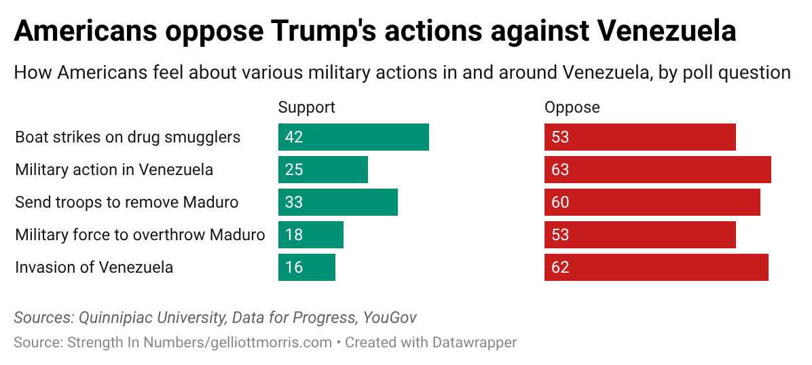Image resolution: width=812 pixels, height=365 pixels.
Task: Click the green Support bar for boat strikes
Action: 353,137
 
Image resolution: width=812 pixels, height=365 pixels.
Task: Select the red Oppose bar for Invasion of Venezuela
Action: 656,267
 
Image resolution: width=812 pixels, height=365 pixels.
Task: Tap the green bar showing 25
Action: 322,170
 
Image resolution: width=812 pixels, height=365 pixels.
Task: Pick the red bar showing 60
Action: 652,202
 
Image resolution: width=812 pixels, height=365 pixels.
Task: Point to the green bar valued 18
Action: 310,235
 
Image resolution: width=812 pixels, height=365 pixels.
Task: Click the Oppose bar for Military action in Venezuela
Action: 657,170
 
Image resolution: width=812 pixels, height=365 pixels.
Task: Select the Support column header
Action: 307,107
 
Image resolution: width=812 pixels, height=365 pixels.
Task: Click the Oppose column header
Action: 572,107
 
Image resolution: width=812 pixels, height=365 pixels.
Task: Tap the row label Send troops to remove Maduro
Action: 127,202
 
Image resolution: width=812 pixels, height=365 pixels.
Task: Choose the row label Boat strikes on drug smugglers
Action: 128,137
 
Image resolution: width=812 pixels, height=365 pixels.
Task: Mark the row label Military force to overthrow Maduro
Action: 140,235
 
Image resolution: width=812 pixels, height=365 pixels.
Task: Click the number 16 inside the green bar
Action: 293,267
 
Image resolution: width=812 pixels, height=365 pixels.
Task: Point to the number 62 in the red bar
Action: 560,267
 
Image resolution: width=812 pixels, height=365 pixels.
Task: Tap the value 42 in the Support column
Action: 293,137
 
